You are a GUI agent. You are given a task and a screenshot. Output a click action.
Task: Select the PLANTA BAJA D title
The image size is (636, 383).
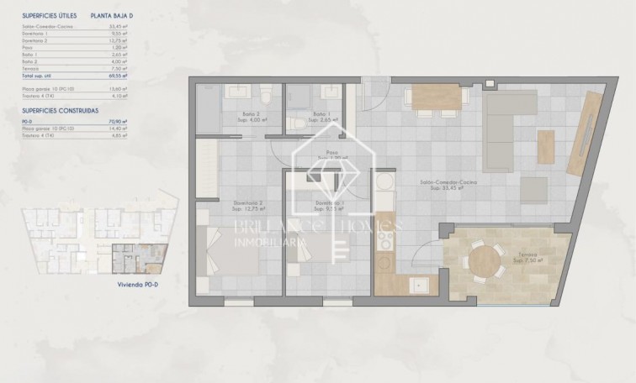[x=110, y=15]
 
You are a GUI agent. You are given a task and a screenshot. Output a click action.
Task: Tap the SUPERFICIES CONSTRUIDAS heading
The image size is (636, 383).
[x=60, y=110]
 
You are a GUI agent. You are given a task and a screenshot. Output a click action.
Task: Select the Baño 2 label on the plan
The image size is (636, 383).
[x=240, y=114]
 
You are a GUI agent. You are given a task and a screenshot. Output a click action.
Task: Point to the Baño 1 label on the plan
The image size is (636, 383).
[x=321, y=114]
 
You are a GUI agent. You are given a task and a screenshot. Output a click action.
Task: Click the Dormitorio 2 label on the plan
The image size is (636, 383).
[x=248, y=202]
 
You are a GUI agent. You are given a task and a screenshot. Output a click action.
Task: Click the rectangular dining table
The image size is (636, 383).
[x=437, y=99]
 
